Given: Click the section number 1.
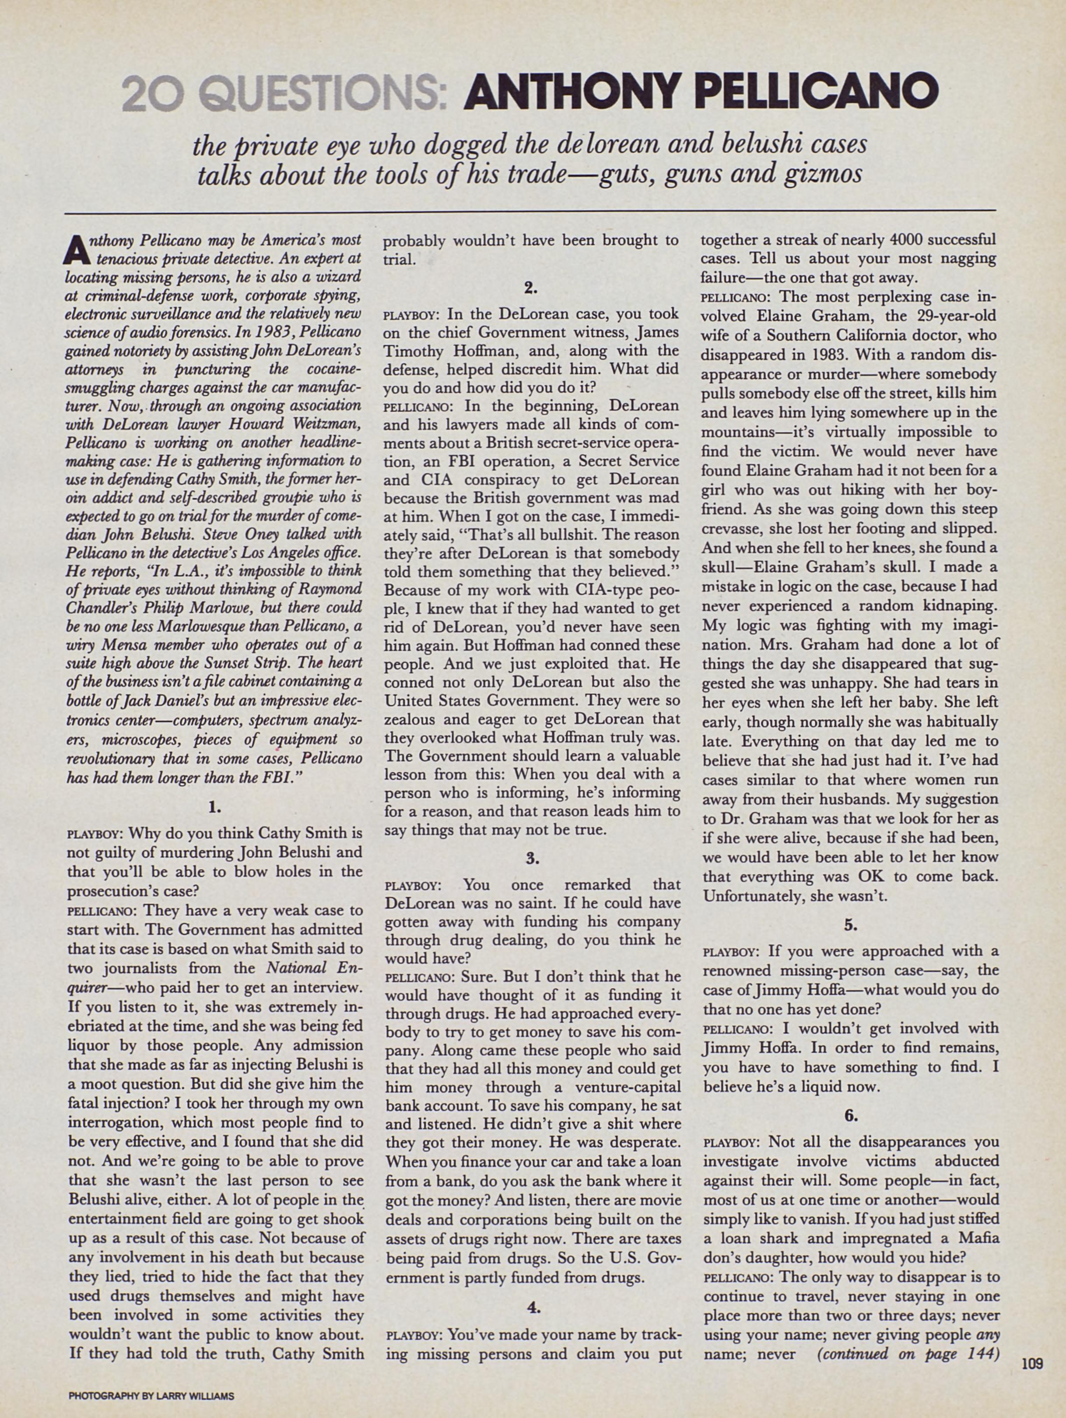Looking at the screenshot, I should (214, 808).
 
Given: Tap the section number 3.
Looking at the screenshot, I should (533, 858).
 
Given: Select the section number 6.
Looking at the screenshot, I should (850, 1115).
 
